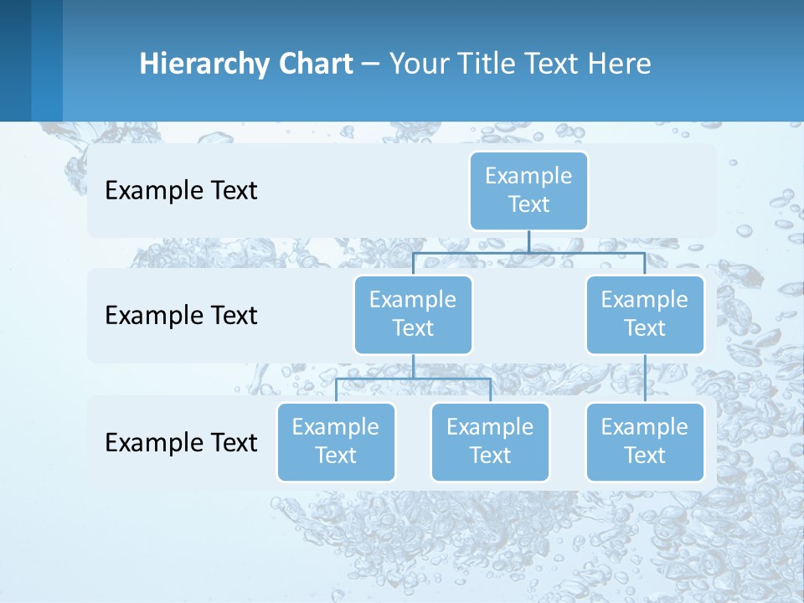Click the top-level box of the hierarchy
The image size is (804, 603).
tap(528, 191)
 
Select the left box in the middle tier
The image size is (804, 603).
tap(413, 315)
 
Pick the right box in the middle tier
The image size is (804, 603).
tap(645, 315)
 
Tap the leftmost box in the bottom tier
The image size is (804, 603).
tap(336, 442)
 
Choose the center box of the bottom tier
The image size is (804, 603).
tap(490, 442)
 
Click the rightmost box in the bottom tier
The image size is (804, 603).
tap(645, 442)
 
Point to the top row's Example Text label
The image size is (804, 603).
tap(181, 191)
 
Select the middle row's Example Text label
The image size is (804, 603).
tap(181, 316)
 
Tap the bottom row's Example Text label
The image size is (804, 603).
tap(181, 442)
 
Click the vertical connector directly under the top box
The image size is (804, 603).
tap(528, 241)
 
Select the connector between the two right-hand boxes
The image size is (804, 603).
tap(645, 379)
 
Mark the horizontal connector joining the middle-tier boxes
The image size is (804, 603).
tap(528, 252)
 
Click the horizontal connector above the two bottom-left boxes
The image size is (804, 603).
tap(413, 379)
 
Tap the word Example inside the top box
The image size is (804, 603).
tap(528, 176)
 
